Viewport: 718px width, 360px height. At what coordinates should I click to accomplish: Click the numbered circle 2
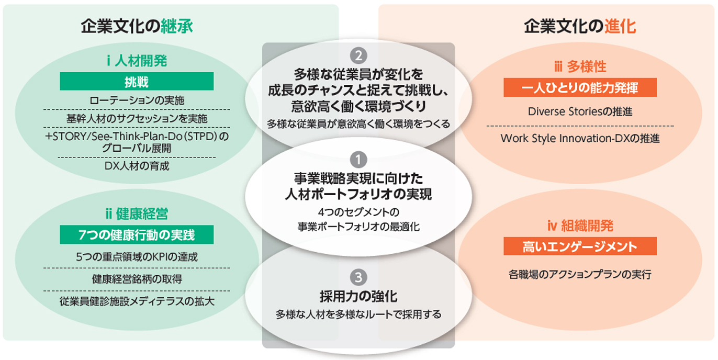(358, 55)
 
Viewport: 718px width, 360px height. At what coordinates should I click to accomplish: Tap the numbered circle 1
(358, 159)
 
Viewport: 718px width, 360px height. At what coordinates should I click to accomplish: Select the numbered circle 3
(358, 277)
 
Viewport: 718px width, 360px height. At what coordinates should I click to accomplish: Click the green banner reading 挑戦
(137, 81)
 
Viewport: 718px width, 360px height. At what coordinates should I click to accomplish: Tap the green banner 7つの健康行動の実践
(137, 234)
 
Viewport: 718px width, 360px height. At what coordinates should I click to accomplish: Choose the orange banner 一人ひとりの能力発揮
(580, 87)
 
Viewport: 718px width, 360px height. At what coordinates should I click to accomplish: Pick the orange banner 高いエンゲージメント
(580, 246)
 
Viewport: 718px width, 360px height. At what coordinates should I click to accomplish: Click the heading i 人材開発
(137, 61)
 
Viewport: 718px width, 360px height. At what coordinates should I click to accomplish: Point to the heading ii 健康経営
(137, 214)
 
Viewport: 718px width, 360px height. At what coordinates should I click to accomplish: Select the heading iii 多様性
(580, 66)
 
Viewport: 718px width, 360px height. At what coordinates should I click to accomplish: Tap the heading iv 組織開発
(580, 226)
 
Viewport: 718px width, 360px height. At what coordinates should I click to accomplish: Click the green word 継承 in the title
(176, 26)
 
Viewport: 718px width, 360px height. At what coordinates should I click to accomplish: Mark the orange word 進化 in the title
(620, 26)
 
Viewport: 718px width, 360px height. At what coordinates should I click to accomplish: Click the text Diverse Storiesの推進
(580, 111)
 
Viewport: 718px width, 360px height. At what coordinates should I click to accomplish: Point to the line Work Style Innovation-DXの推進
(580, 138)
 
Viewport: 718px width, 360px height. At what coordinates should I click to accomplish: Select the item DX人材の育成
(137, 166)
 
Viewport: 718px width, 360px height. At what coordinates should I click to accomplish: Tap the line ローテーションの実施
(137, 100)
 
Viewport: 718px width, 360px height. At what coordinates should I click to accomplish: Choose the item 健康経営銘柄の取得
(137, 279)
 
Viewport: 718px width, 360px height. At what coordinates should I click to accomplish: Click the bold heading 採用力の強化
(358, 297)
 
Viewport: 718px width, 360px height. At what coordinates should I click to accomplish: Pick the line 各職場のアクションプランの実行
(580, 274)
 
